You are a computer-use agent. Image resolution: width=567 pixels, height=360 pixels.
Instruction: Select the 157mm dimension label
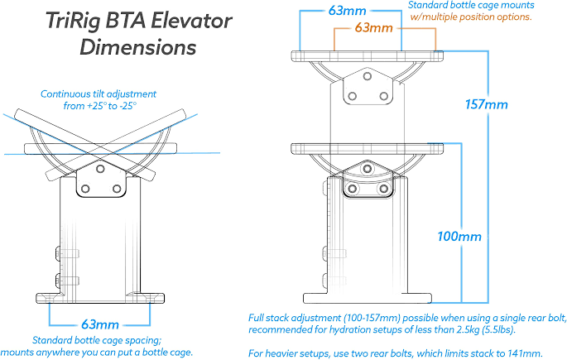coord(483,105)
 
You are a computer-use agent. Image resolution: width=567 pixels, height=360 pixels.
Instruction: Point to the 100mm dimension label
coord(459,237)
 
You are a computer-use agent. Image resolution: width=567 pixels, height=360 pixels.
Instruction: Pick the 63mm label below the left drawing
coord(100,324)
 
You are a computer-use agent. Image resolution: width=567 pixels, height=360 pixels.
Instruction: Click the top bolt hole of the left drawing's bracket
coord(100,167)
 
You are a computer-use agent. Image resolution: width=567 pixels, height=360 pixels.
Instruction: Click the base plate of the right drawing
coord(368,296)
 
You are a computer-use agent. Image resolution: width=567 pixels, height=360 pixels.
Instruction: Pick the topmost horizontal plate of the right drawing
coord(368,56)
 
